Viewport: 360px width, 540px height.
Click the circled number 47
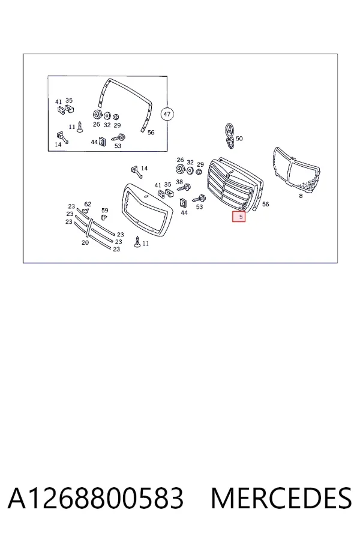[x=167, y=114]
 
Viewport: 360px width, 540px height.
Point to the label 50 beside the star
[x=239, y=139]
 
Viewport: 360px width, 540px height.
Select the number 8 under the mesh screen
[x=301, y=196]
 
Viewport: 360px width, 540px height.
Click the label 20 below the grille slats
[x=85, y=242]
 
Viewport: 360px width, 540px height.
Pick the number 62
[x=88, y=204]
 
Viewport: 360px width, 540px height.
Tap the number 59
[x=105, y=210]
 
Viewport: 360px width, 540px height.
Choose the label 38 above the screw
[x=179, y=182]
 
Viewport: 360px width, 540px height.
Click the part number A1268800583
[x=95, y=498]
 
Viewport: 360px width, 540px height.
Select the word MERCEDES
[x=281, y=498]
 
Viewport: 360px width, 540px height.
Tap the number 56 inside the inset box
[x=151, y=133]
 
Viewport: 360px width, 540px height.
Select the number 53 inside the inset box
[x=118, y=146]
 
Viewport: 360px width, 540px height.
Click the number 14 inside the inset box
[x=58, y=145]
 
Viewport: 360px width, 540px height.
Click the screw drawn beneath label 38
[x=185, y=188]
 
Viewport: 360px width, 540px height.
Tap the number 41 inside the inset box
[x=59, y=102]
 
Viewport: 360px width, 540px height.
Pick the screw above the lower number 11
[x=137, y=241]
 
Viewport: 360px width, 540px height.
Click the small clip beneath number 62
[x=86, y=211]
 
